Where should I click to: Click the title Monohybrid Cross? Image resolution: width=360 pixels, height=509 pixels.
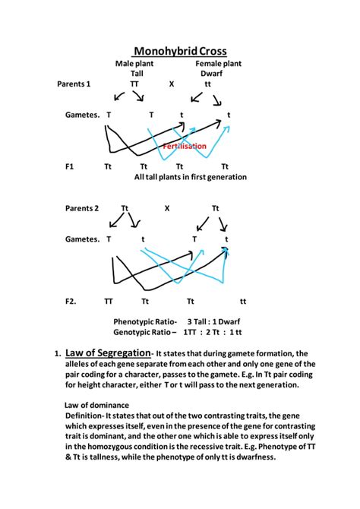[180, 51]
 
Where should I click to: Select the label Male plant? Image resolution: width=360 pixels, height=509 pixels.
[134, 64]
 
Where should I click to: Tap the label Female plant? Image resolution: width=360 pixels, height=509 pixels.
[218, 64]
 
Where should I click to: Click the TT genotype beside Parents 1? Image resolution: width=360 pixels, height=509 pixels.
[134, 84]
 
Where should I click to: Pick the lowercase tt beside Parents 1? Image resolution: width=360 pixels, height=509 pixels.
[208, 84]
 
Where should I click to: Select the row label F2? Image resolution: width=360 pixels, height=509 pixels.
[71, 301]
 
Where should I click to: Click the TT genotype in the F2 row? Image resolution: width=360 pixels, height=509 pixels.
[109, 301]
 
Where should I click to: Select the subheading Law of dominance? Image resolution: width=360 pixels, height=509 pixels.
[96, 405]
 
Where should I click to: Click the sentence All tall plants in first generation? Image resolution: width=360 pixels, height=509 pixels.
[191, 177]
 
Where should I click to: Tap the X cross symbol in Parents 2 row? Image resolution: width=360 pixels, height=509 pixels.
[167, 207]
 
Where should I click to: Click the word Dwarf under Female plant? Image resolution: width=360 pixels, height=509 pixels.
[212, 74]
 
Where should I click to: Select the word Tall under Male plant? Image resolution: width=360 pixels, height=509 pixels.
[137, 74]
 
